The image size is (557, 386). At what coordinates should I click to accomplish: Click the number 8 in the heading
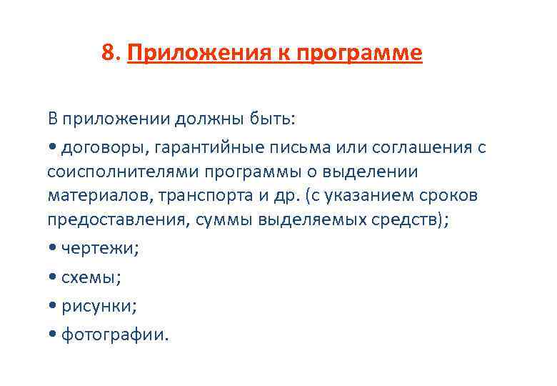pyautogui.click(x=109, y=53)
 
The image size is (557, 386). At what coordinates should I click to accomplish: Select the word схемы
pyautogui.click(x=91, y=277)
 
